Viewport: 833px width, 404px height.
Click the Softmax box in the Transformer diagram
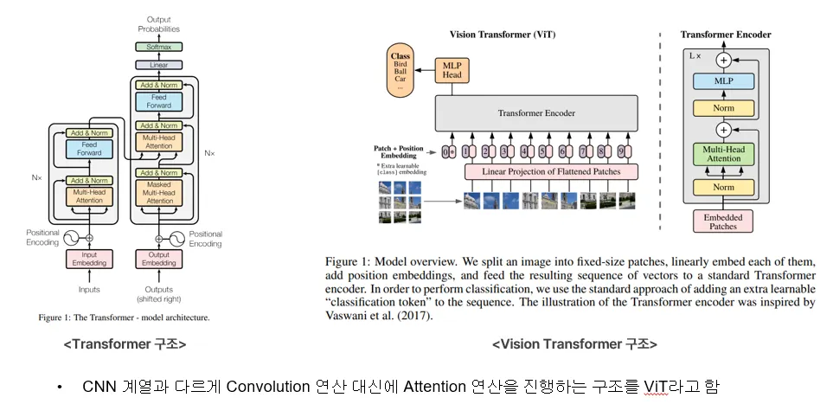point(158,47)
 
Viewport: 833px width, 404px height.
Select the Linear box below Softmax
point(158,65)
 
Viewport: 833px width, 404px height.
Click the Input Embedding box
point(90,259)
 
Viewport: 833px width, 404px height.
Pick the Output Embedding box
point(159,259)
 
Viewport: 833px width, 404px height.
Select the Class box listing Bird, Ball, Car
point(400,70)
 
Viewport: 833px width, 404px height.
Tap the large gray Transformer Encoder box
point(535,113)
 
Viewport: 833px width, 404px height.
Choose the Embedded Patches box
point(721,221)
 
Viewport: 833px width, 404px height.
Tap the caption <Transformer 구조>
point(125,343)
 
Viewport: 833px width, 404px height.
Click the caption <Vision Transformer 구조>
point(574,343)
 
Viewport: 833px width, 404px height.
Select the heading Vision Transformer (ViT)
point(503,35)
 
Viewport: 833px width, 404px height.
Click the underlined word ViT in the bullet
point(657,386)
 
